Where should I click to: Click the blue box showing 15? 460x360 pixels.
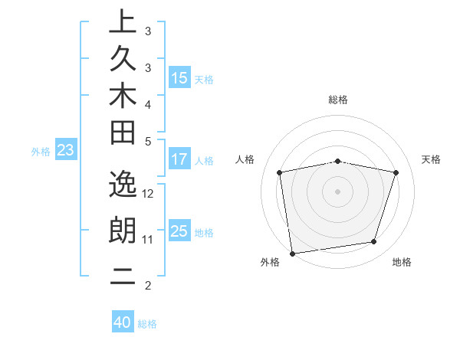179,78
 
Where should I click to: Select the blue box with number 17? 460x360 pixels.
179,160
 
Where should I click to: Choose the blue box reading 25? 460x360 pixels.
179,231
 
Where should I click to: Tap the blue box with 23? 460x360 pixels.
65,151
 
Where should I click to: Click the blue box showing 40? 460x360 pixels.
123,322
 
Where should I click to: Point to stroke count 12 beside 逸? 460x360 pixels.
149,193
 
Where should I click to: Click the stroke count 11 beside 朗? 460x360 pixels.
148,240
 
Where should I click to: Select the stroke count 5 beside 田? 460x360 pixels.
148,141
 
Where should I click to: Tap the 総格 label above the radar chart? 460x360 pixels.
338,100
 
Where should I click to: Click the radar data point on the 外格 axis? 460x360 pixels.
292,253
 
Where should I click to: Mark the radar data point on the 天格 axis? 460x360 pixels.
396,172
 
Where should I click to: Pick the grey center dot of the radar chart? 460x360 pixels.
338,191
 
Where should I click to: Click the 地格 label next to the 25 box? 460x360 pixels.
204,232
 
